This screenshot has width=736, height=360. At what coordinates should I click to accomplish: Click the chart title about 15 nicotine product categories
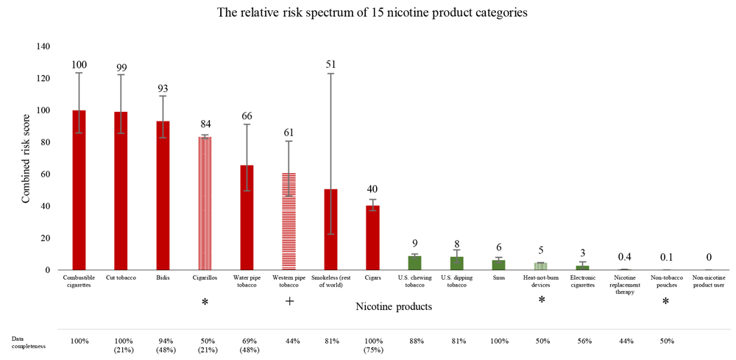pos(368,13)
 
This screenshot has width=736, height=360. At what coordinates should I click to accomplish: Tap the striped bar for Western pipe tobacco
pos(289,222)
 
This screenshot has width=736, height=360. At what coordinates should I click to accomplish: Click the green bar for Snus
pos(499,265)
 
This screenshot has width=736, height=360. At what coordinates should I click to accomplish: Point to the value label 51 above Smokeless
pos(331,64)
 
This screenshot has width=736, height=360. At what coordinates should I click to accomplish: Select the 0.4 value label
pos(625,256)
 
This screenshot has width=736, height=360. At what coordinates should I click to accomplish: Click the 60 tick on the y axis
pos(45,174)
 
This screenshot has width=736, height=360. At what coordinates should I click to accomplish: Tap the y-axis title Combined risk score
pos(26,158)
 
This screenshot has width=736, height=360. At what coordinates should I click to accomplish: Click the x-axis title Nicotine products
pos(393,306)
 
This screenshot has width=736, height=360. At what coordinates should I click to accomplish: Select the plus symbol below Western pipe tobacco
pos(289,300)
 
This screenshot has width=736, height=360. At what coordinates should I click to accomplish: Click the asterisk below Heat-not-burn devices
pos(541,300)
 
